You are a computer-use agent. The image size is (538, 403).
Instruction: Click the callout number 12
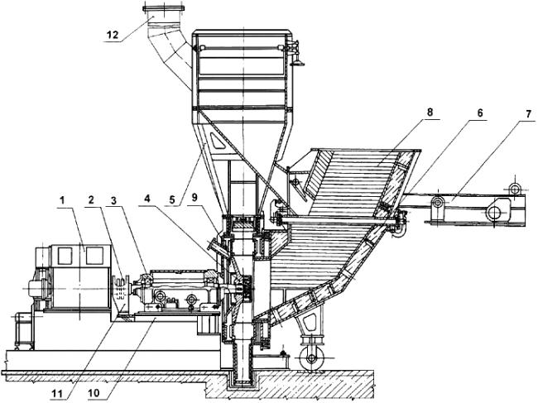pos(113,35)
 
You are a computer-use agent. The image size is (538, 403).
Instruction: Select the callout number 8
pos(430,113)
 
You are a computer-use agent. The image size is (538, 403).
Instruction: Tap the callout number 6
pos(480,113)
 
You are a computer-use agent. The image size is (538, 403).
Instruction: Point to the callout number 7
pos(529,113)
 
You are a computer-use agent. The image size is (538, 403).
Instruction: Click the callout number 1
pos(62,200)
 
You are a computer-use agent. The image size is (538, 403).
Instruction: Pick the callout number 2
pos(91,199)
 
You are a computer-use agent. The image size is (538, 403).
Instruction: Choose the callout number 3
pos(114,199)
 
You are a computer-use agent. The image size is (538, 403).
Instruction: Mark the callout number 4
pos(147,199)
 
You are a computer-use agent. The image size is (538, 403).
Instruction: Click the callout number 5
pos(172,199)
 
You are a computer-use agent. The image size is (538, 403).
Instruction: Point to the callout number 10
pos(94,393)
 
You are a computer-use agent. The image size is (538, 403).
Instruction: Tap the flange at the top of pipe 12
pos(163,8)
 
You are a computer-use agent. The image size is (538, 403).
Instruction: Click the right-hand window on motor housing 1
pos(94,256)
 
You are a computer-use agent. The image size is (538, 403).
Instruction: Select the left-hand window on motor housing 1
pos(65,256)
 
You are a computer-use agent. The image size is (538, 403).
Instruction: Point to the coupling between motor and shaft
pos(121,290)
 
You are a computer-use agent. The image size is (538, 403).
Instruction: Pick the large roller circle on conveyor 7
pos(495,213)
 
